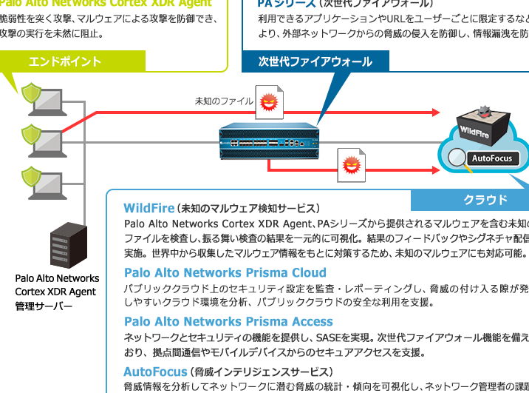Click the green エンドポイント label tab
click(65, 61)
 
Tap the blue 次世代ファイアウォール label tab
click(315, 61)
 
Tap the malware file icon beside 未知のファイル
click(269, 104)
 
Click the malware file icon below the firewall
click(351, 164)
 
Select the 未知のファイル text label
click(223, 101)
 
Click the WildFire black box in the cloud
click(481, 127)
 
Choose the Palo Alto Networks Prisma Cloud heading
click(225, 272)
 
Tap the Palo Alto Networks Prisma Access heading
click(228, 322)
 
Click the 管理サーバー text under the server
click(44, 306)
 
